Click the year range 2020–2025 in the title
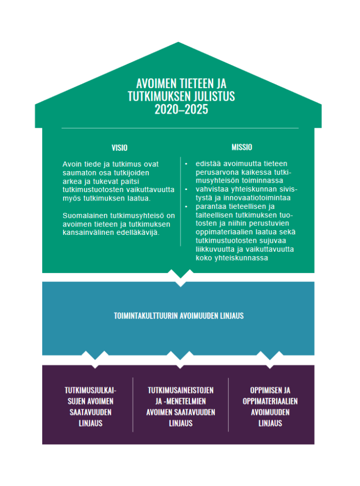(x=181, y=110)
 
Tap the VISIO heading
(x=119, y=148)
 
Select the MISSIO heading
(x=242, y=147)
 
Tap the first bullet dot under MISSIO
(x=186, y=164)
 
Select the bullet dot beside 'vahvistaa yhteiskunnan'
(x=186, y=189)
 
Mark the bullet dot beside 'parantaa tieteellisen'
(x=186, y=206)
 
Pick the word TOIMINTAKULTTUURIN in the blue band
(x=146, y=316)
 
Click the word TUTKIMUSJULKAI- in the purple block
(x=90, y=390)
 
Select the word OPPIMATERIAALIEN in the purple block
(x=270, y=401)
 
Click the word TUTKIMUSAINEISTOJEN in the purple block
(x=181, y=390)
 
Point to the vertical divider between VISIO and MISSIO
(x=181, y=201)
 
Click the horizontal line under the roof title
(x=180, y=128)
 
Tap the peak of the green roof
(x=178, y=42)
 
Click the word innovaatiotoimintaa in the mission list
(x=257, y=198)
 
